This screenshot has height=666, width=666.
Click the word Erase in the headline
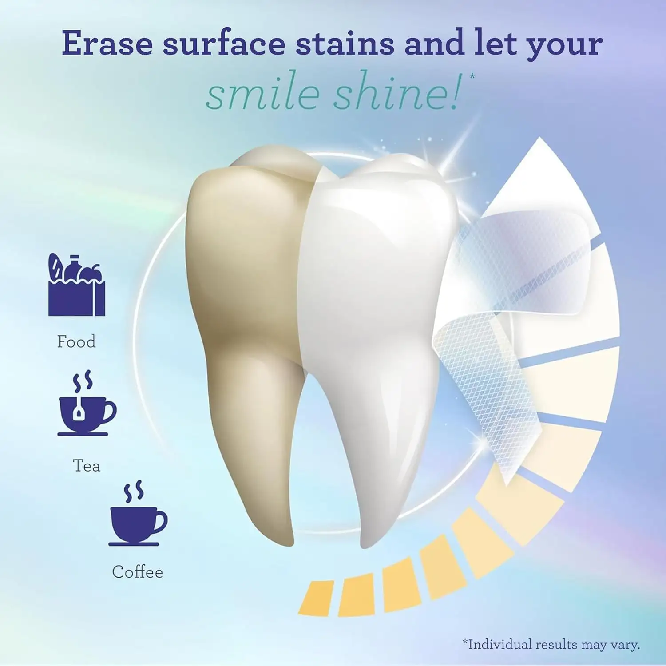point(107,43)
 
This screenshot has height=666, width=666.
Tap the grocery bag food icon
point(76,285)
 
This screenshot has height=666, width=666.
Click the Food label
point(76,342)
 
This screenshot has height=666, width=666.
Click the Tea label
point(87,466)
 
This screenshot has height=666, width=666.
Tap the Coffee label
point(137,572)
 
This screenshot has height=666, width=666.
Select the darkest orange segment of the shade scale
point(316,598)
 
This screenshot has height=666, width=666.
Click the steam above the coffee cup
point(134,491)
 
